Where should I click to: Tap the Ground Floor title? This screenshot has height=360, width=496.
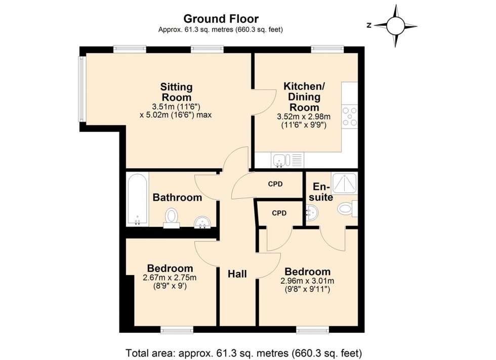221,19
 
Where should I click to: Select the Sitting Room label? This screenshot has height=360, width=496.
176,92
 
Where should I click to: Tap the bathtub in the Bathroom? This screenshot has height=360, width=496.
138,199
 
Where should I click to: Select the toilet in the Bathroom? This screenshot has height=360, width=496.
172,216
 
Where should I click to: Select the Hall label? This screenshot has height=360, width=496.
237,274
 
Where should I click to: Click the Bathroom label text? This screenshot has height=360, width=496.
177,198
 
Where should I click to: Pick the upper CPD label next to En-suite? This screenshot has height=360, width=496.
275,184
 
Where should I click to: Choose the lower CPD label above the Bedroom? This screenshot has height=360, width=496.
279,213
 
